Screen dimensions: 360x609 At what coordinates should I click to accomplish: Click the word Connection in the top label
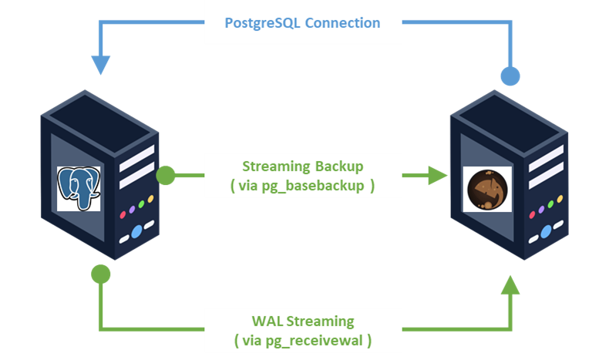(x=342, y=22)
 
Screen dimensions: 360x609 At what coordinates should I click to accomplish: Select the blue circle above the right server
(x=510, y=76)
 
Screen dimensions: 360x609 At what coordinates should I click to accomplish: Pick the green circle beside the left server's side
(x=166, y=176)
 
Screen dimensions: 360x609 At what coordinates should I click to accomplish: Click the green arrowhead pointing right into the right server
(x=438, y=176)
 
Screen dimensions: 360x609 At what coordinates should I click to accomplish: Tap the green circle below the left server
(x=101, y=273)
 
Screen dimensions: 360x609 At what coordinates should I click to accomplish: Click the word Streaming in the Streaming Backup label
(x=276, y=167)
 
